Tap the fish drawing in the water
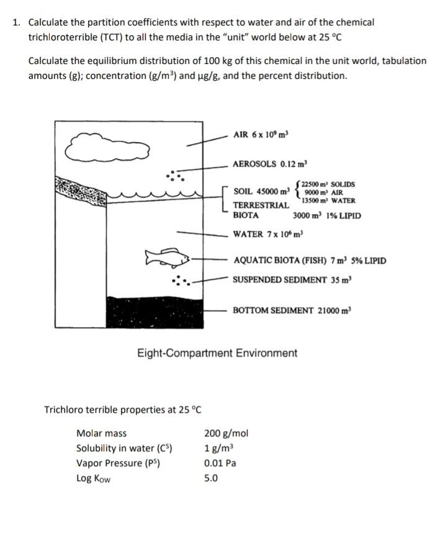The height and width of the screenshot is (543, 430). click(x=163, y=257)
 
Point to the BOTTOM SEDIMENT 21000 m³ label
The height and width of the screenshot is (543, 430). click(x=292, y=310)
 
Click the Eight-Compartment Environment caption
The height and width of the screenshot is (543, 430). click(x=217, y=353)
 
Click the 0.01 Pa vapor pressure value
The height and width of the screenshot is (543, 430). click(x=220, y=463)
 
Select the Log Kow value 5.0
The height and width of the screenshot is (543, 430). click(x=211, y=478)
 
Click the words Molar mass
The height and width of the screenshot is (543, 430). click(x=101, y=433)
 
